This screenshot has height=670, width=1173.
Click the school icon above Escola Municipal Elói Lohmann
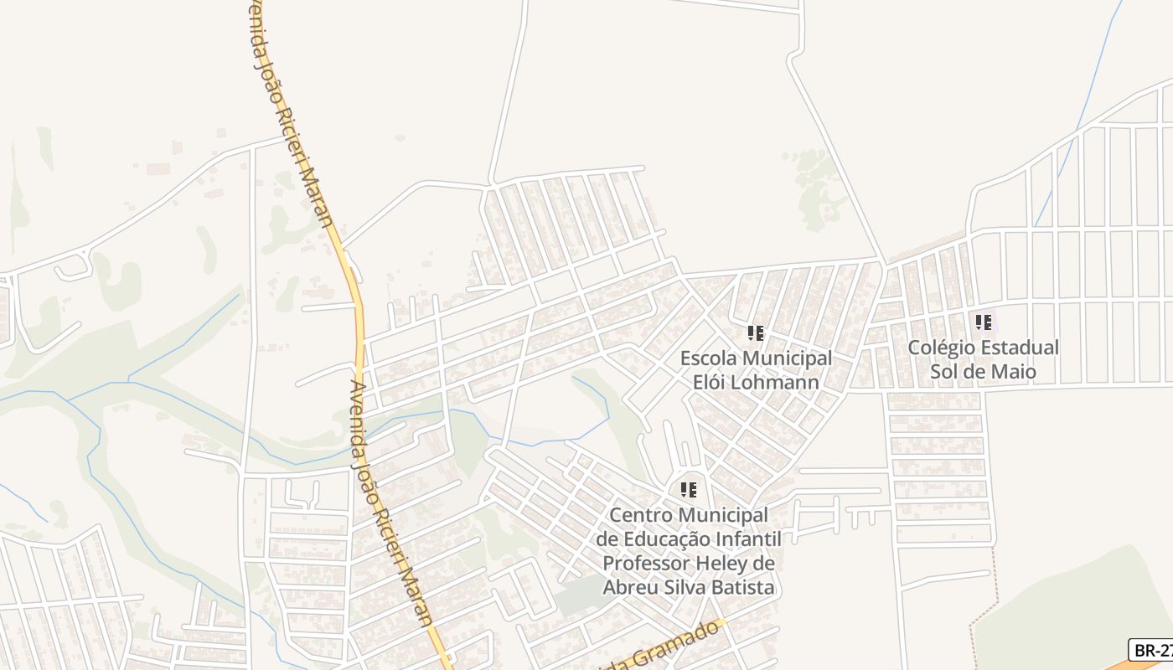coord(756,333)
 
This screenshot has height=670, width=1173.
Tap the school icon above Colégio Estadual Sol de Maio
coord(984,322)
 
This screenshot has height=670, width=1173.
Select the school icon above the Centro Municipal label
coord(689,489)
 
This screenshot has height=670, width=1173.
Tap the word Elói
coord(711,382)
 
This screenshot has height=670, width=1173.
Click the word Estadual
coord(1019,347)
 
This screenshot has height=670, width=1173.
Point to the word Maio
coord(1015,371)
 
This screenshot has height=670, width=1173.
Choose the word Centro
coord(640,514)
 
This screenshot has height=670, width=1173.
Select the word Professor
coord(655,563)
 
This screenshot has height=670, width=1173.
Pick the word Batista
coord(742,587)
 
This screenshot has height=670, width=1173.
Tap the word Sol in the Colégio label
coord(947,371)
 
